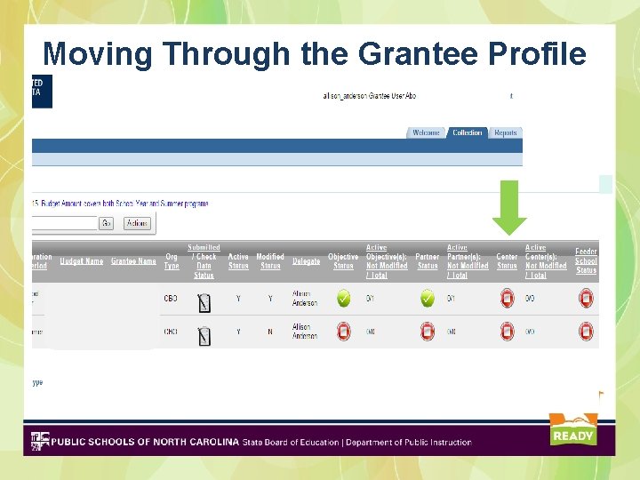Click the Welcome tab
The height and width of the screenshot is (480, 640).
point(426,133)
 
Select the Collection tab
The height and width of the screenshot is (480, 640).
point(467,133)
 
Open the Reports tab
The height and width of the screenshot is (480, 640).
point(505,133)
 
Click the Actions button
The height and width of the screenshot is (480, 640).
point(137,223)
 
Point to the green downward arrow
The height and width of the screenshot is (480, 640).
point(509,207)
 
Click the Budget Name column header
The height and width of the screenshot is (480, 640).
point(82,261)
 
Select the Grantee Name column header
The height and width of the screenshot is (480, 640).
point(133,261)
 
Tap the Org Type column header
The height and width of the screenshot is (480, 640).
point(172,261)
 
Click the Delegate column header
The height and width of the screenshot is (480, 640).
point(306,261)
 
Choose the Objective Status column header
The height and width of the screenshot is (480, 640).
point(343,261)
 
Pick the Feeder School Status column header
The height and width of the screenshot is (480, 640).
point(586,260)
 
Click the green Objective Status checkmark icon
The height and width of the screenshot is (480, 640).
point(343,299)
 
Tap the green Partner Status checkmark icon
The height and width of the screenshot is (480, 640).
point(427,299)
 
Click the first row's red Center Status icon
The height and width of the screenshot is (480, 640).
point(507,299)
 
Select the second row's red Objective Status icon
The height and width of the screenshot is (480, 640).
point(343,332)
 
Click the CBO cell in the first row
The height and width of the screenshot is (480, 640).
point(171,299)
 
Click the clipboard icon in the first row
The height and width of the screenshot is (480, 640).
point(204,302)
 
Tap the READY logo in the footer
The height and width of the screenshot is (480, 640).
point(572,430)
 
